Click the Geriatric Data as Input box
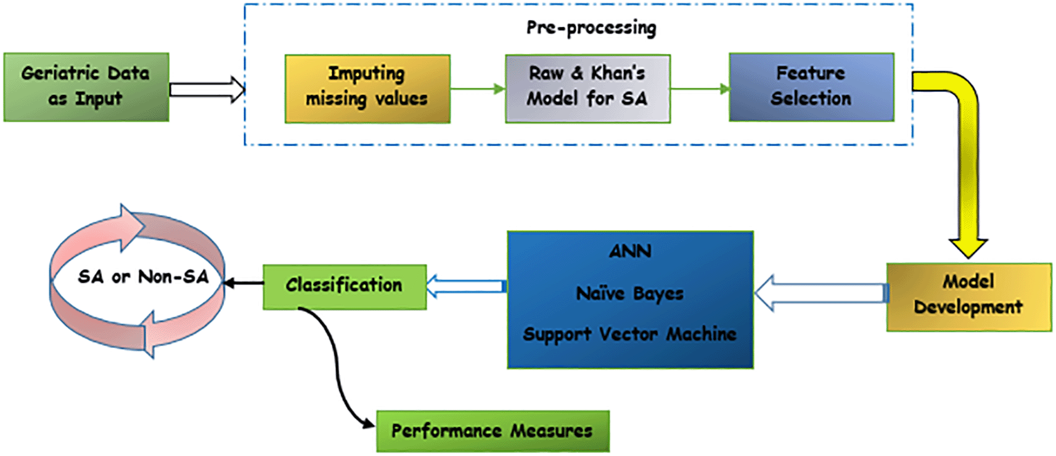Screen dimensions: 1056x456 (x=86, y=88)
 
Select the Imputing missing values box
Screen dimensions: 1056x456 (x=367, y=89)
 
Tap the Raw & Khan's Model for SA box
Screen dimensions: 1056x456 (x=588, y=89)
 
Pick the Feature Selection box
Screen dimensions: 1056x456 (x=811, y=88)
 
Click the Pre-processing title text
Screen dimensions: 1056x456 (x=591, y=28)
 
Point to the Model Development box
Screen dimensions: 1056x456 (x=969, y=297)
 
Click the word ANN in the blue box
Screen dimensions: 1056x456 (x=630, y=251)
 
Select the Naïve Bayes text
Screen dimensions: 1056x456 (x=630, y=294)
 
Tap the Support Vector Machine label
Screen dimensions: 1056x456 (x=630, y=334)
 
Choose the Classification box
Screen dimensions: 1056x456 (x=345, y=287)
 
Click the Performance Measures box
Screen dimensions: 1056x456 (x=493, y=431)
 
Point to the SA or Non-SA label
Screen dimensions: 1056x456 (x=143, y=277)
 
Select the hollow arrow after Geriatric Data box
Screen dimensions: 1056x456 (x=207, y=89)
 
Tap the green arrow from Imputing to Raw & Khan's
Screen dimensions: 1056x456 (x=478, y=89)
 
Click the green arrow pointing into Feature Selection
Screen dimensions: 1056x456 (x=700, y=89)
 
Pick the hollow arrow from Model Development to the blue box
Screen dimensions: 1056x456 (x=821, y=292)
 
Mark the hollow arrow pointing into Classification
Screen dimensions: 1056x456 (x=466, y=286)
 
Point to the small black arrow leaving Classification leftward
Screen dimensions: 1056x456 (x=244, y=283)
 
